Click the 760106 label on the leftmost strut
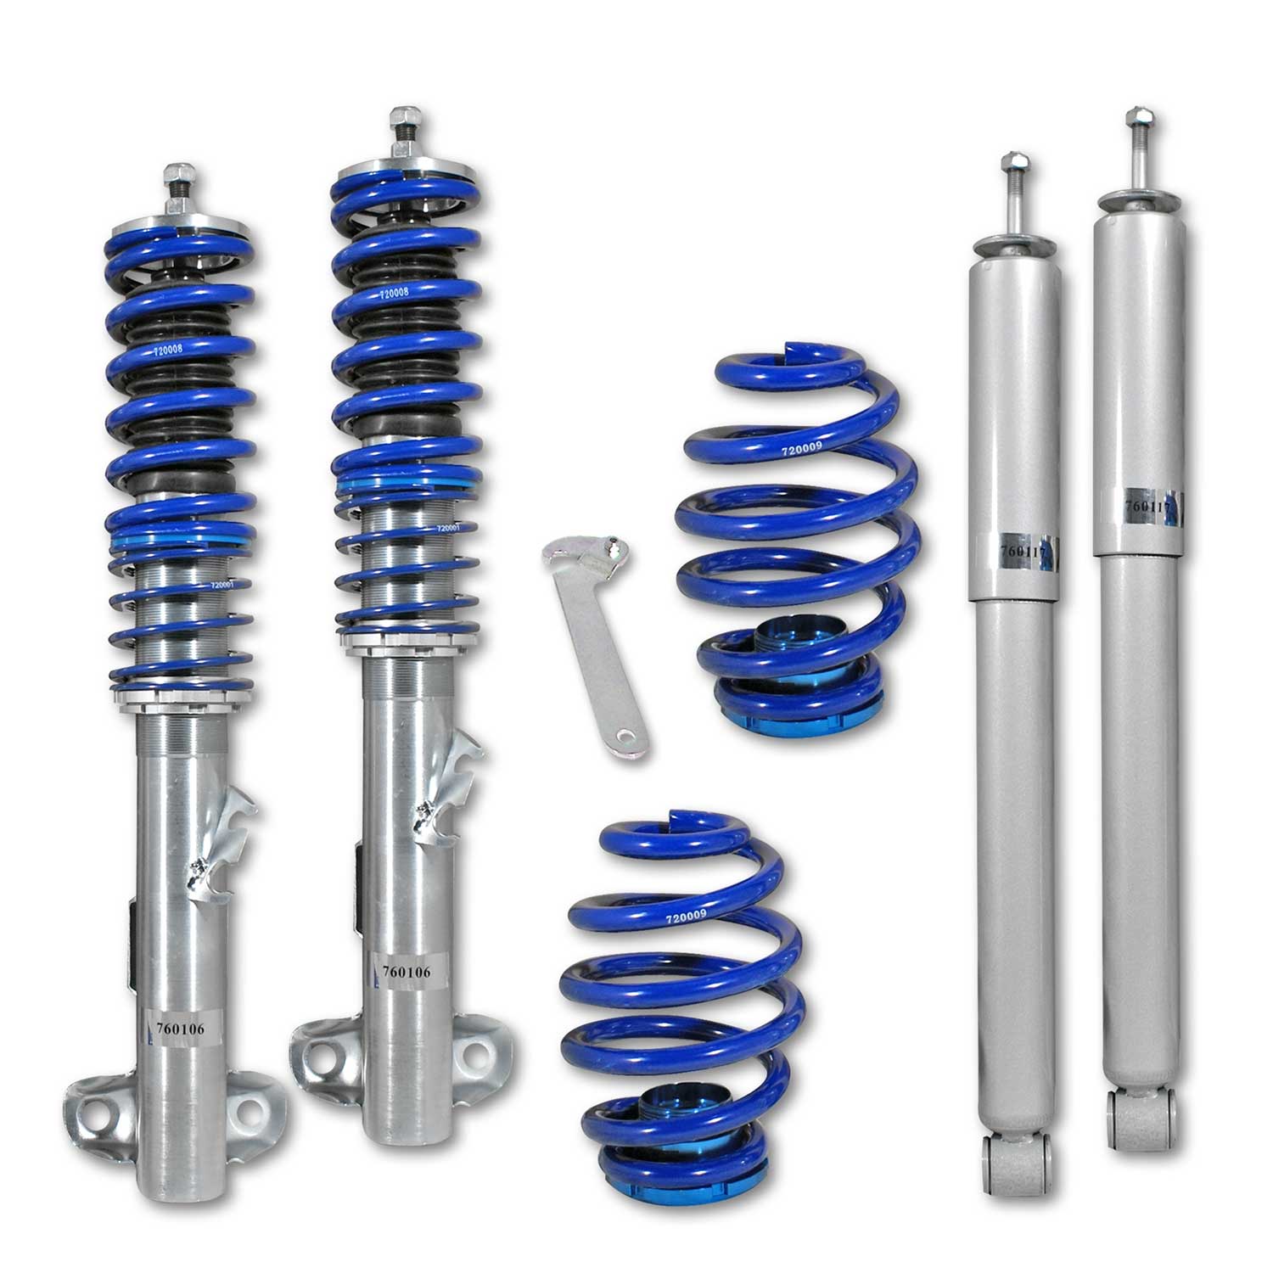point(181,1029)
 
